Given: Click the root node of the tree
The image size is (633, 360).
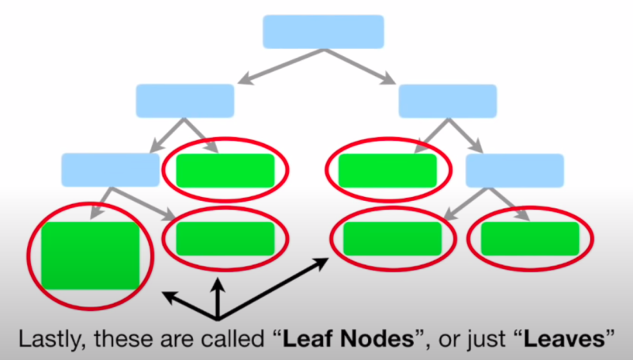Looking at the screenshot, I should pos(323,32).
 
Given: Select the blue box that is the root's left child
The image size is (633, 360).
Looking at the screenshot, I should pos(185,100).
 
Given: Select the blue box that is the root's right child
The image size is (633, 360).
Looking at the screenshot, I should pos(447,100).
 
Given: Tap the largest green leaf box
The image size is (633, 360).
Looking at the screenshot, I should pos(91,255).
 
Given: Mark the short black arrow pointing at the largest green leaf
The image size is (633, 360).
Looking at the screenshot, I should pos(178,301).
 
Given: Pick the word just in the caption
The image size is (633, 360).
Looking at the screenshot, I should pos(482,339).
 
